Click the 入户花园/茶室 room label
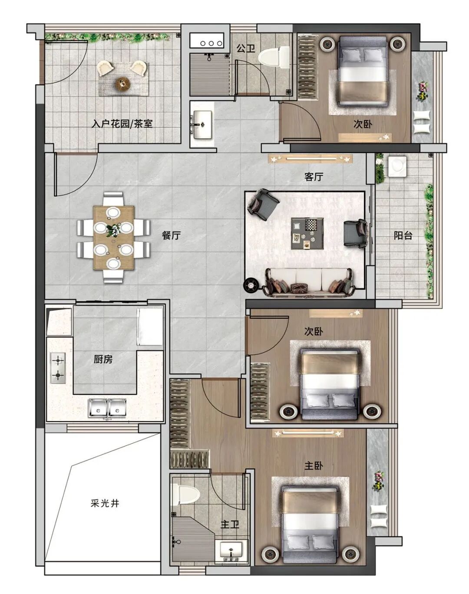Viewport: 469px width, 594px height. (x=122, y=124)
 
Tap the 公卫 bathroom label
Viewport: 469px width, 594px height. (x=246, y=49)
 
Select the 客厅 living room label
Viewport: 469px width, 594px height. (x=314, y=177)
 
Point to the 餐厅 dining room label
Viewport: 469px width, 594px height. (x=171, y=235)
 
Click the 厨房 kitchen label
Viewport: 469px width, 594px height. (x=103, y=359)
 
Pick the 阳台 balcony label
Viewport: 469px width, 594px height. (x=403, y=235)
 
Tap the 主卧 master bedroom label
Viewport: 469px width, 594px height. (x=314, y=466)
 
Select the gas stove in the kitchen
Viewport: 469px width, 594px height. (x=58, y=368)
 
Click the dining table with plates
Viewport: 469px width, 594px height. (x=113, y=238)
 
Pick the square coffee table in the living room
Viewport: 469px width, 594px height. (x=307, y=233)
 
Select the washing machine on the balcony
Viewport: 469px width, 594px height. (x=397, y=166)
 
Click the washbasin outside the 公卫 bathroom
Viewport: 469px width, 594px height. (x=203, y=124)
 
